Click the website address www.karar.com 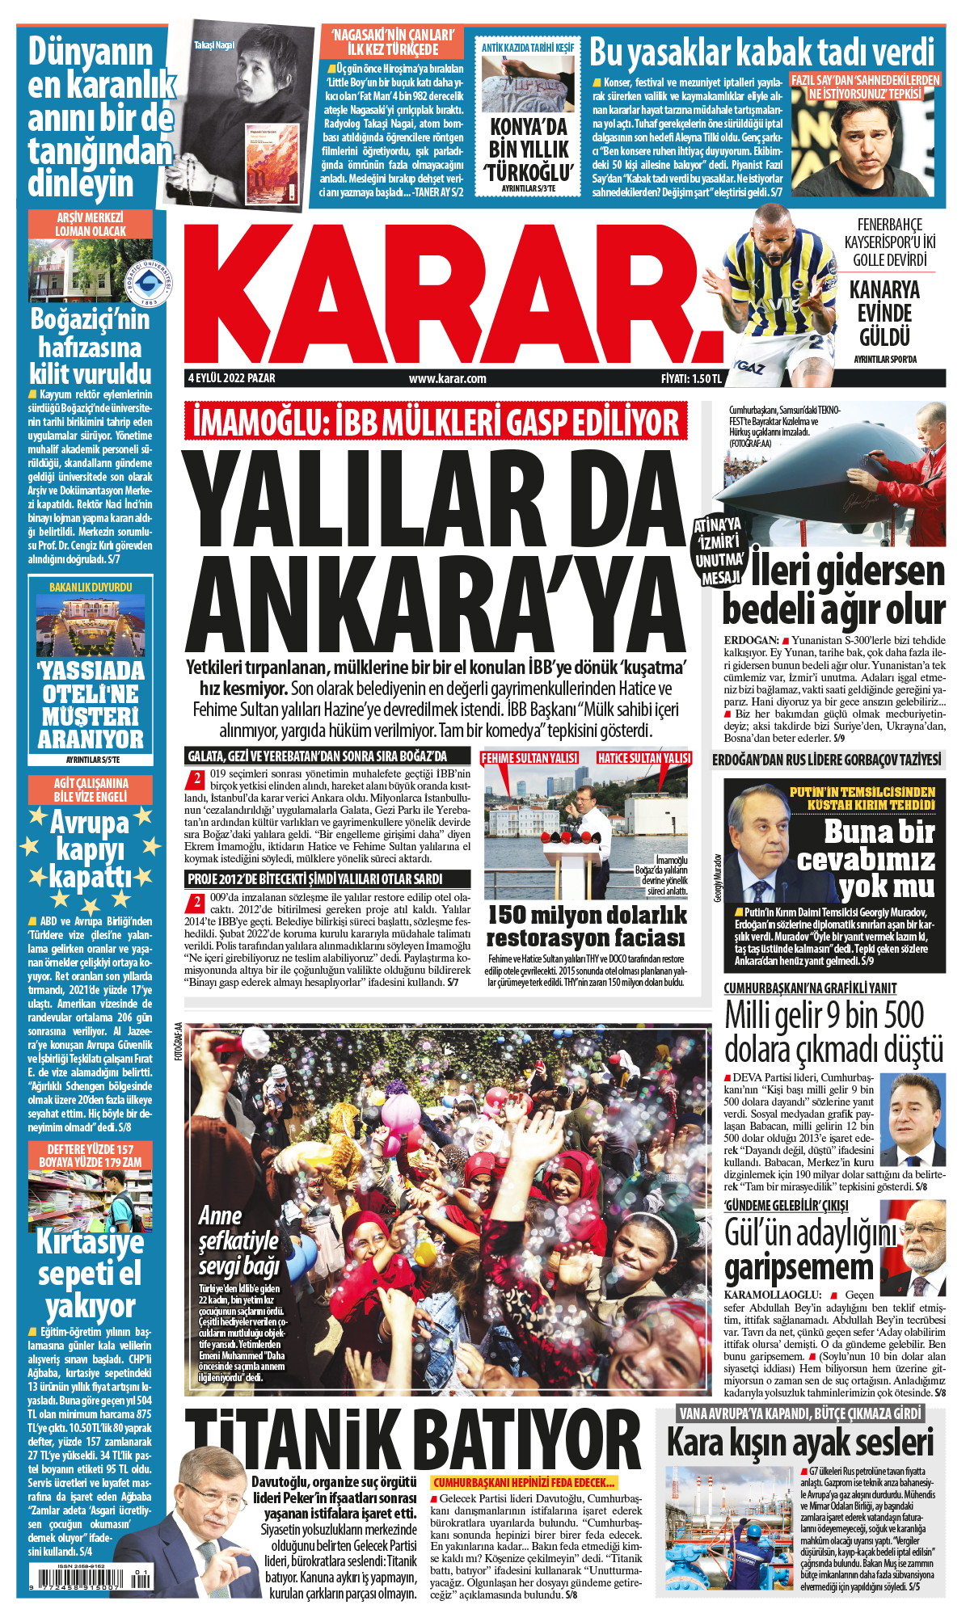pos(447,378)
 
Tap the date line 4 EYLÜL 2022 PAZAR pos(231,378)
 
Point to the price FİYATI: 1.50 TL pos(690,378)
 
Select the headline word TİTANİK pos(299,1440)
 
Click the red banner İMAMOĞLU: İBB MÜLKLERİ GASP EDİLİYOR pos(436,423)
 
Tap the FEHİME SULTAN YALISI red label pos(529,758)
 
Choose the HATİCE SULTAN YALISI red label pos(644,758)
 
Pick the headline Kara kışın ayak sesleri pos(799,1443)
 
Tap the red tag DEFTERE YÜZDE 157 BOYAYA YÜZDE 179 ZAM pos(90,1156)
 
